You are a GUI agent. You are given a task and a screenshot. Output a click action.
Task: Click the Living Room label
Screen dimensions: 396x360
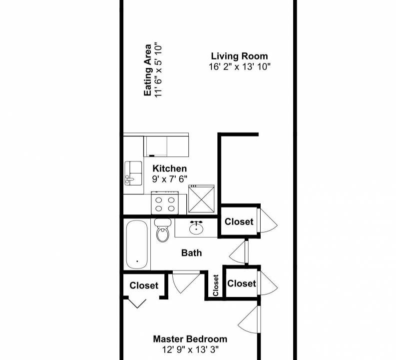click(x=239, y=56)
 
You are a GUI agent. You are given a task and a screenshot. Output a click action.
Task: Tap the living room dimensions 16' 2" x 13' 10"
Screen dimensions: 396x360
click(x=239, y=66)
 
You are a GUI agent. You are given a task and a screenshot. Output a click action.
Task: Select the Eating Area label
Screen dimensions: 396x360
click(x=147, y=70)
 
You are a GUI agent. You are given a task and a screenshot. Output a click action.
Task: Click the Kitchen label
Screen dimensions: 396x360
click(x=169, y=168)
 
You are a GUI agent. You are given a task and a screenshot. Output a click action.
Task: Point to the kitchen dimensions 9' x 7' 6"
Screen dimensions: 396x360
click(x=169, y=179)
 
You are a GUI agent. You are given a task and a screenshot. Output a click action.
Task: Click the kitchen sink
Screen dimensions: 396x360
click(x=133, y=173)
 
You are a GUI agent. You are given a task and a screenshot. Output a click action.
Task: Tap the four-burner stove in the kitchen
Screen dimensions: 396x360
click(x=165, y=203)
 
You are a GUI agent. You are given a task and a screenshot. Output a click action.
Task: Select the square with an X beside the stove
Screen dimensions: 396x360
click(x=201, y=198)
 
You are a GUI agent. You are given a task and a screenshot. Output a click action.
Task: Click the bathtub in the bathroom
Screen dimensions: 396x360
click(x=137, y=244)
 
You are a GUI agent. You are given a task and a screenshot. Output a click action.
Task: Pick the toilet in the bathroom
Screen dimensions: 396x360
click(x=163, y=230)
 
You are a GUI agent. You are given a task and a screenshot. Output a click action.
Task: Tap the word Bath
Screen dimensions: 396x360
click(x=191, y=252)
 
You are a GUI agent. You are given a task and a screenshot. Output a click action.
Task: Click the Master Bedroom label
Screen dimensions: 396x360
click(x=190, y=339)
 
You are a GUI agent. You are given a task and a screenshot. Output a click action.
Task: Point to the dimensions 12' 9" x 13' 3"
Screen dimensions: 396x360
click(x=190, y=349)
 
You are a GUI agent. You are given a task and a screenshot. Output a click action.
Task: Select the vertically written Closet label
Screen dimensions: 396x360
click(x=215, y=285)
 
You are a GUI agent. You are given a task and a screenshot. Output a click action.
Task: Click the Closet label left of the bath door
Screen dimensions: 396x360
click(x=144, y=285)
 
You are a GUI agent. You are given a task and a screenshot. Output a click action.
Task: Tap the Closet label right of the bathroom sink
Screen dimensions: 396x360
click(x=239, y=221)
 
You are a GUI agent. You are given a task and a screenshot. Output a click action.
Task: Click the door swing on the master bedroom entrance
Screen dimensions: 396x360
click(x=249, y=319)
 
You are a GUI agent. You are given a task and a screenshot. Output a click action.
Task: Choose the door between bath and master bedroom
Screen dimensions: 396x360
click(x=186, y=282)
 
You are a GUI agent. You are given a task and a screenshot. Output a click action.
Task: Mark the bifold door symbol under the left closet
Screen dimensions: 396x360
click(x=137, y=303)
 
